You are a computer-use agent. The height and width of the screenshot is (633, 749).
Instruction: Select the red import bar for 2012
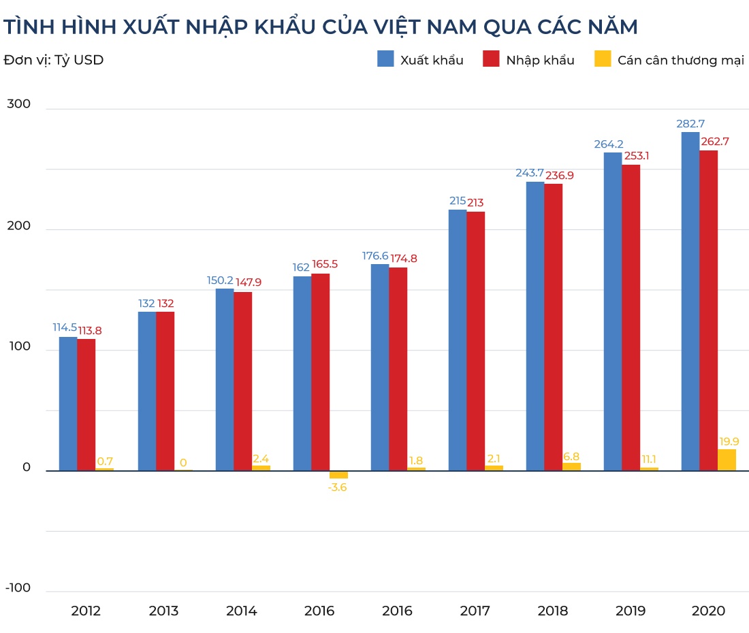click(x=86, y=404)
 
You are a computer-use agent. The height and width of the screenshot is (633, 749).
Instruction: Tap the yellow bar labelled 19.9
click(x=727, y=459)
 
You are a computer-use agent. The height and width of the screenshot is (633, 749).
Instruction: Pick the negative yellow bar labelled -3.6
click(x=338, y=474)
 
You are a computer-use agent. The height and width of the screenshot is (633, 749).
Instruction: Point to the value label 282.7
click(x=690, y=124)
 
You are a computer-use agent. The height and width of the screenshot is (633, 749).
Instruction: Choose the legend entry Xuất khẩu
click(x=420, y=60)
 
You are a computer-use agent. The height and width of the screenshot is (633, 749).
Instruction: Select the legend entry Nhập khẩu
click(x=528, y=60)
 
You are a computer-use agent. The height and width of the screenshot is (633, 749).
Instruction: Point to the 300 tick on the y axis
click(x=18, y=104)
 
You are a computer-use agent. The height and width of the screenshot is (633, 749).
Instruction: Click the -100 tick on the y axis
click(x=18, y=588)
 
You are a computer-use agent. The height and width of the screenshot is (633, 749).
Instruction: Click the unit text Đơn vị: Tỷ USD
click(x=54, y=60)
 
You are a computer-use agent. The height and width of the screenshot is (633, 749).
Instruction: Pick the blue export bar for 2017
click(x=457, y=340)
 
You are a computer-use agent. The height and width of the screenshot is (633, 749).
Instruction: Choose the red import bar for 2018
click(x=553, y=327)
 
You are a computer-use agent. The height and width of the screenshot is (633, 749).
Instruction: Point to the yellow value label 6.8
click(x=571, y=456)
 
